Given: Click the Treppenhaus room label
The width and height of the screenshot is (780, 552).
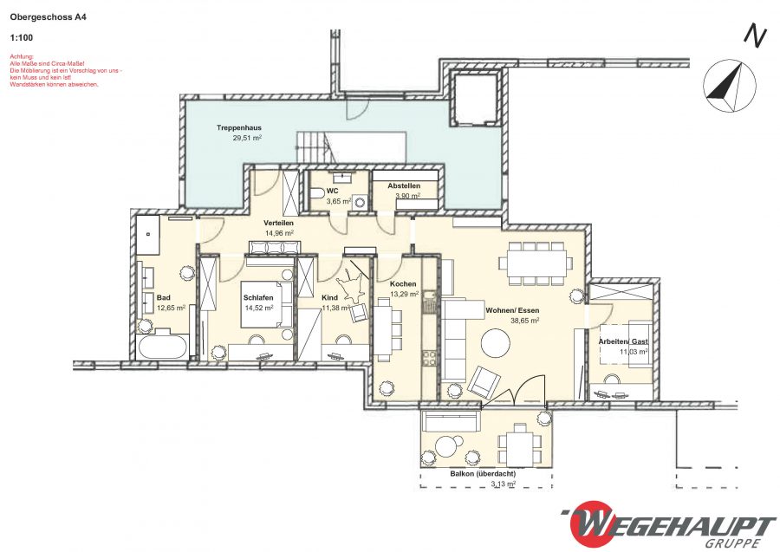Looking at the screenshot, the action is coord(239,127).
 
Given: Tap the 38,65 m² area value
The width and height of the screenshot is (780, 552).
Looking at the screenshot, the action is coord(525,321).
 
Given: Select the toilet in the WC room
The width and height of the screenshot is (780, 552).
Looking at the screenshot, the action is coord(316,193).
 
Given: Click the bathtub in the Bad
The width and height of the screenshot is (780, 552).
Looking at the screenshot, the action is coord(162,347).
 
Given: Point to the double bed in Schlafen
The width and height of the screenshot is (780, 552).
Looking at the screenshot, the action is coord(267,305).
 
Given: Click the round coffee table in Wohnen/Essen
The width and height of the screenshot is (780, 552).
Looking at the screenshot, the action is coord(495,342).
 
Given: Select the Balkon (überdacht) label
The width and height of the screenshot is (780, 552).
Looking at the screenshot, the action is coord(483,474).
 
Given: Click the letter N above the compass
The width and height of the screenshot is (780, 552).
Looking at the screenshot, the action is coord(754,36).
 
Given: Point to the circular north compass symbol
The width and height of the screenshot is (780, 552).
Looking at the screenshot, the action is coord(729,86).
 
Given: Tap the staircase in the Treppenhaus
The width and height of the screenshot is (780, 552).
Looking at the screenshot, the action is coord(351,146).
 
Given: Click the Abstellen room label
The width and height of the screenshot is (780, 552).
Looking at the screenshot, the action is coord(404,186).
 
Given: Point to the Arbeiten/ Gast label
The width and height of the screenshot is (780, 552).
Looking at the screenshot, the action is coord(623,341).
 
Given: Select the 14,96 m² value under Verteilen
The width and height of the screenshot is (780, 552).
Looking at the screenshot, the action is coord(279,233).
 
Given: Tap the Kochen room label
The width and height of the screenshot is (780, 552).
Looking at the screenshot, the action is coord(403,284).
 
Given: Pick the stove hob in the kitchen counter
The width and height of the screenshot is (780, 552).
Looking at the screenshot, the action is coord(429,358).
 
